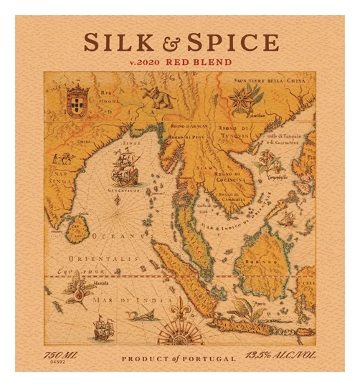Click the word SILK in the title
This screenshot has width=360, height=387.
pyautogui.click(x=115, y=42)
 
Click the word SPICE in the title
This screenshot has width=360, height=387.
pyautogui.click(x=233, y=42)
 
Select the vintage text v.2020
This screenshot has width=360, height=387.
pyautogui.click(x=145, y=62)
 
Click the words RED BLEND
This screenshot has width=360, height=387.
pyautogui.click(x=199, y=62)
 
